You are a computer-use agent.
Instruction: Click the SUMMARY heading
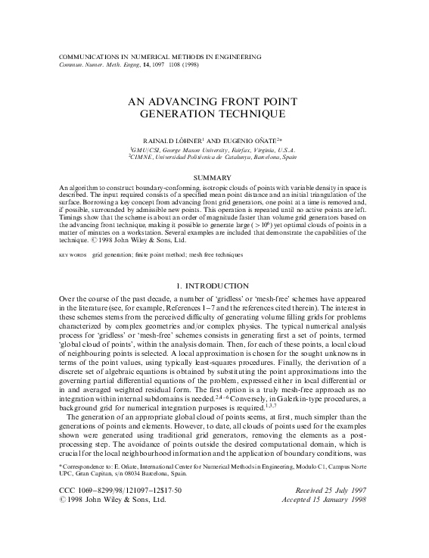(214, 178)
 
